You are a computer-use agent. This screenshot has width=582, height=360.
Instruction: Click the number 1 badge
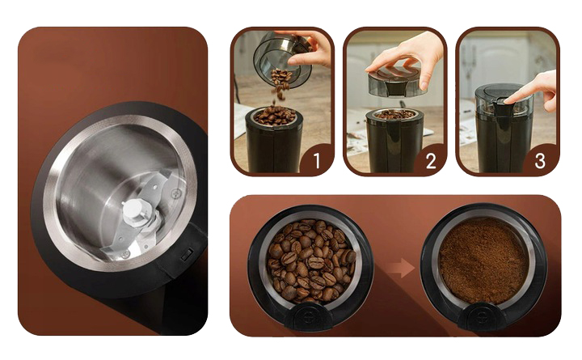[316, 161]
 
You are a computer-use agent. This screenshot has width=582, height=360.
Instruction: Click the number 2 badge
[430, 161]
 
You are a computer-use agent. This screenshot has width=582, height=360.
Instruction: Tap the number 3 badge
[541, 161]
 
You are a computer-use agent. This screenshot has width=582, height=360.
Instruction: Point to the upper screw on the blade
[175, 193]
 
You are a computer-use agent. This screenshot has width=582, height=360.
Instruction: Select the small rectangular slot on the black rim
[187, 254]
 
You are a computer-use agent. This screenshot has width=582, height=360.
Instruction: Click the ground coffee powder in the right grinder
[483, 260]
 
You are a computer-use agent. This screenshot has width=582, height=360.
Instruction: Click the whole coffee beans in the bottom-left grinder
[311, 260]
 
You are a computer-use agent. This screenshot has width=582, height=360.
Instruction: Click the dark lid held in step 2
[396, 82]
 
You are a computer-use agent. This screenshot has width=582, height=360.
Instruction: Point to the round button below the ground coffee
[482, 316]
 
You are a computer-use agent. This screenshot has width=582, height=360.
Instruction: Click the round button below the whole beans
[309, 317]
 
